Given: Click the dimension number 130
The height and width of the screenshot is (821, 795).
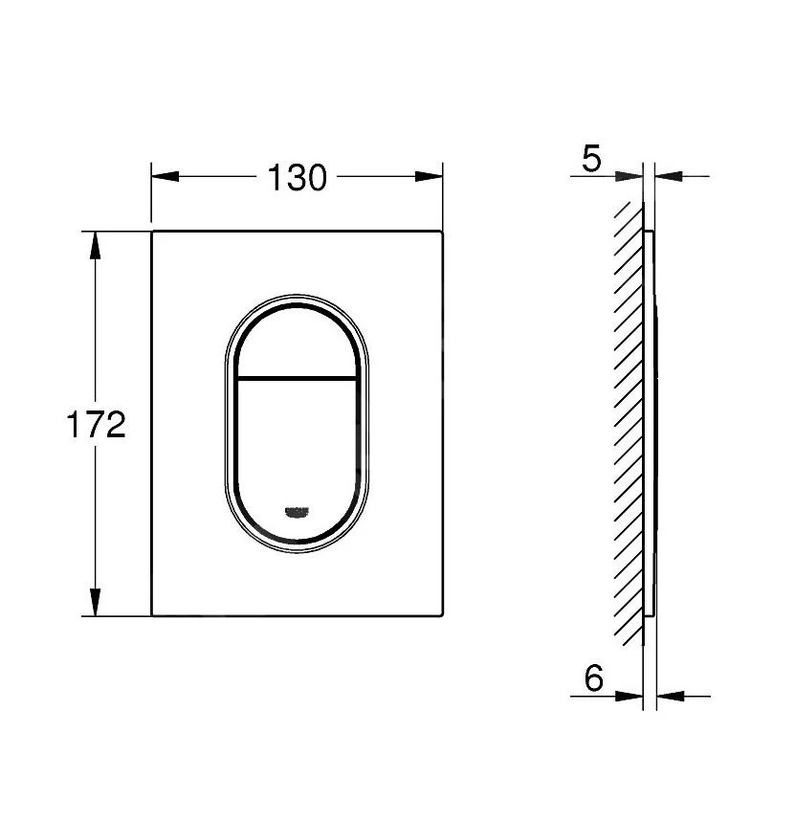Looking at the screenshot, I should point(297,177).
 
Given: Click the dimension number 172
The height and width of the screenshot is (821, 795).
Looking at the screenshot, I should point(97,423).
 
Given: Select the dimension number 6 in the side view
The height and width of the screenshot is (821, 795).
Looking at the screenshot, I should point(593,679).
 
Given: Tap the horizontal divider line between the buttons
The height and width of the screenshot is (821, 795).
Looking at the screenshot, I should point(296,374).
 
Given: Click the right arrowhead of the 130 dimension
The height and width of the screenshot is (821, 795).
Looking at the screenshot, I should point(430,176).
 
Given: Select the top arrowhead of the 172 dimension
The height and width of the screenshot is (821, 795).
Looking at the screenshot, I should point(95,245).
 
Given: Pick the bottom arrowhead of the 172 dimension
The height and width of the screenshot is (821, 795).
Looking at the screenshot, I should point(95,603).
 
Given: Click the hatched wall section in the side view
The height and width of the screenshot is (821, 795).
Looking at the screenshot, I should point(628,421).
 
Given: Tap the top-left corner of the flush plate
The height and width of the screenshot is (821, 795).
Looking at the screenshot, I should point(152,232).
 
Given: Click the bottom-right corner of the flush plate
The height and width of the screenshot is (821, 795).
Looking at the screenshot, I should point(443,615).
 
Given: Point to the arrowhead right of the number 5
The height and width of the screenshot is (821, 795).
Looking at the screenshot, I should point(631,176).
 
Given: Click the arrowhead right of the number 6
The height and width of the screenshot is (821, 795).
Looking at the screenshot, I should point(631,696).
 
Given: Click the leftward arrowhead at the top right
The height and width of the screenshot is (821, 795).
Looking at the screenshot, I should point(669,176).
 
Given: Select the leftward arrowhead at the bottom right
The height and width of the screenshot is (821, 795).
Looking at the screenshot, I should point(669,696).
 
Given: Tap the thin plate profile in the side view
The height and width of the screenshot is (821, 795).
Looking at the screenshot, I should point(651,421).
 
